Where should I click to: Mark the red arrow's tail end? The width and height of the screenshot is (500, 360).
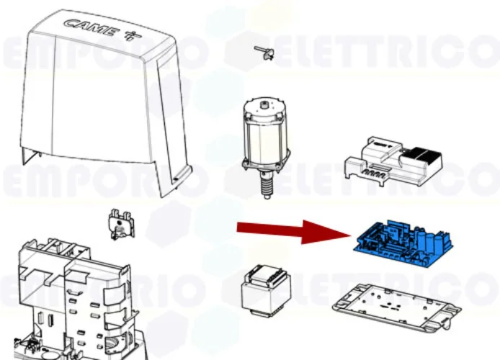241,228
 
